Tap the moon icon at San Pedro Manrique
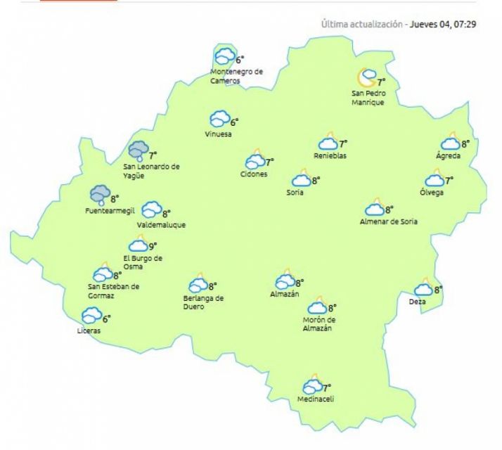click(366, 76)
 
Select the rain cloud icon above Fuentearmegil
click(100, 193)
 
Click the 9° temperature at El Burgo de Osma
click(152, 245)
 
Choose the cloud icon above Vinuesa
click(220, 120)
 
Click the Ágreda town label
click(449, 155)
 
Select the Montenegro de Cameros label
click(236, 76)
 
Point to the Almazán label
click(285, 294)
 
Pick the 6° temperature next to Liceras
click(107, 318)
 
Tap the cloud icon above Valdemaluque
click(151, 210)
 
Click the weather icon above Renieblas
click(328, 142)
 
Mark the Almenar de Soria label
click(388, 222)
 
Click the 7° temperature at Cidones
click(269, 162)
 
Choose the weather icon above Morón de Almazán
click(318, 307)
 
